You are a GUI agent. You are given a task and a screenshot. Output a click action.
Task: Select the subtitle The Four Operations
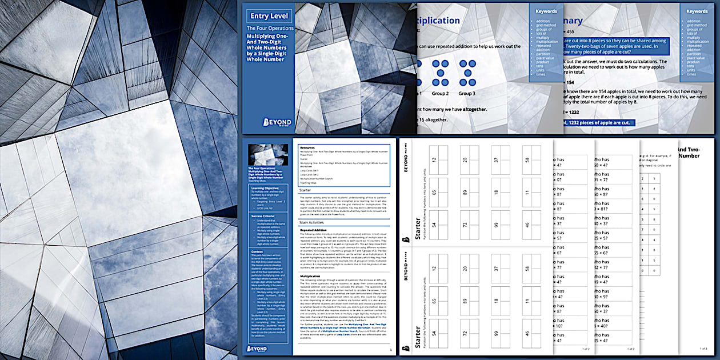pos(270,27)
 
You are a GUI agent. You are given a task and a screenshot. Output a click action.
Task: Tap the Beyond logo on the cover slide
pos(277,122)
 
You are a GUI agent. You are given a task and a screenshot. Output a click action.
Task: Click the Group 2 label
pos(440,93)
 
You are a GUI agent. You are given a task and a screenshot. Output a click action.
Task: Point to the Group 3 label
pos(466,93)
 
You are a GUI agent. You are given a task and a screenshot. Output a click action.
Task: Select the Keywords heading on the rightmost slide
pos(697,11)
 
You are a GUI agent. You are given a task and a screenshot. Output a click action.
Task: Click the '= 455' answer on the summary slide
pos(573,32)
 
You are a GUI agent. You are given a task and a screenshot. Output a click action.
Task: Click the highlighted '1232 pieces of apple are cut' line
pos(606,122)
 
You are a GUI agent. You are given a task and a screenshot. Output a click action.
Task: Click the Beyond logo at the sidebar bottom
pos(261,347)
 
